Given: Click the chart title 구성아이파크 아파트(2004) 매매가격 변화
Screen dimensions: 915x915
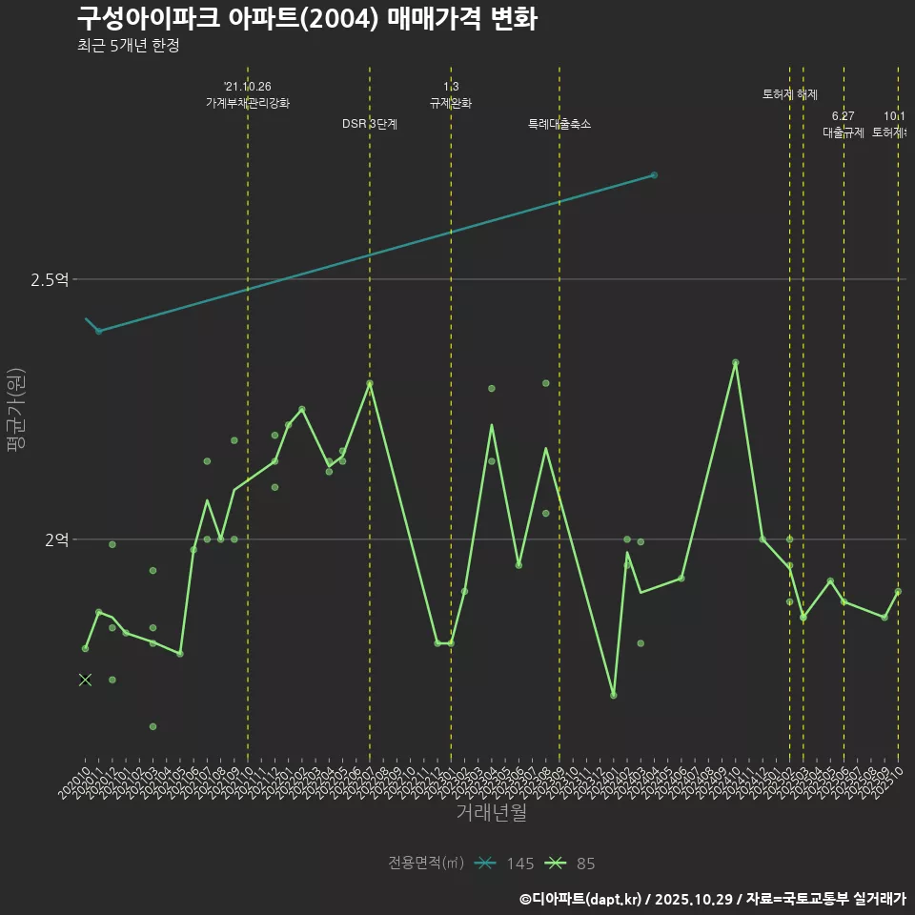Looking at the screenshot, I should click(x=306, y=18).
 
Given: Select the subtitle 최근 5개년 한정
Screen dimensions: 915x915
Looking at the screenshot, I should click(x=128, y=46).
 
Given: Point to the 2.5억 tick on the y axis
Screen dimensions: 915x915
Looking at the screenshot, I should click(x=50, y=279).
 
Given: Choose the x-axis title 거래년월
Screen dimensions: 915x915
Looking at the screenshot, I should click(x=491, y=813).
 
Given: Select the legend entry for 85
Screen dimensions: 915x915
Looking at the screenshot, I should click(x=573, y=864).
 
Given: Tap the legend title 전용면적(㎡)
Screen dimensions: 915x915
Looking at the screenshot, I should click(x=426, y=864).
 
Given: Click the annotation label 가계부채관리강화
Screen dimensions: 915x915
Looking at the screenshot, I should click(x=248, y=103).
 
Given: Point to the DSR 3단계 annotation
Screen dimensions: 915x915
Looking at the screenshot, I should click(x=370, y=124).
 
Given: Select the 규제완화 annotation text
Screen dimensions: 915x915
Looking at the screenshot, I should click(x=451, y=103).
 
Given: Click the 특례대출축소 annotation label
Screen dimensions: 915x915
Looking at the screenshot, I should click(x=559, y=124).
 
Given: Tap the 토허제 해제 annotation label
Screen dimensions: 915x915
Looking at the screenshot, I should click(x=790, y=94).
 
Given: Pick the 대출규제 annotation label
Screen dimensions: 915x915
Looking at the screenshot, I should click(x=844, y=132).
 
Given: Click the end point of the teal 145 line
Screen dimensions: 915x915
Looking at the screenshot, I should click(x=654, y=175).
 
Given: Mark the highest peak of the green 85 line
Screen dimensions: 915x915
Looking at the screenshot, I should click(x=735, y=362).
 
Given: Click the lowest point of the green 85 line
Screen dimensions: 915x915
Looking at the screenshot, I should click(x=614, y=695).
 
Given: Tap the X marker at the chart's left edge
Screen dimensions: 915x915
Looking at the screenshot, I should click(x=85, y=680).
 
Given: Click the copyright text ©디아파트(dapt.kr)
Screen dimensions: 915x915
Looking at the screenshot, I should click(x=582, y=899).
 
